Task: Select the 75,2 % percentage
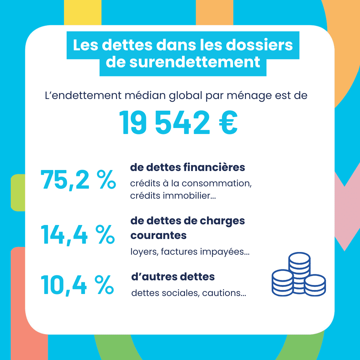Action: coord(78,180)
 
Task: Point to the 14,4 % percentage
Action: coord(77,234)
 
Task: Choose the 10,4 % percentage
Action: coord(77,285)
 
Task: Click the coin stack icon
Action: coord(299,275)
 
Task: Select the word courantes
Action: coord(158,235)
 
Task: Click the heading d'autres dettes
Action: coord(173,277)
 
